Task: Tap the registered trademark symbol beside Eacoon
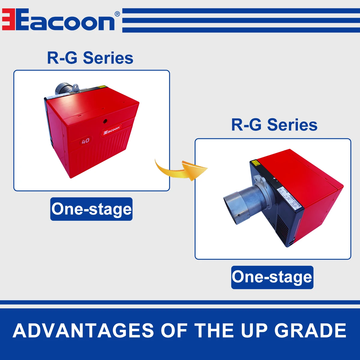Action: click(117, 14)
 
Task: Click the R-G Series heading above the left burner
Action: click(90, 58)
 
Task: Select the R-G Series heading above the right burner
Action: click(274, 125)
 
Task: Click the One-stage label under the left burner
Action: click(91, 209)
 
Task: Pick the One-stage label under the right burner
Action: click(272, 277)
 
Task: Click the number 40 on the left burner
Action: click(85, 140)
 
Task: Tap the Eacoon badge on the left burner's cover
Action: click(111, 130)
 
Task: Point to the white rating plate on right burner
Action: click(289, 198)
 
